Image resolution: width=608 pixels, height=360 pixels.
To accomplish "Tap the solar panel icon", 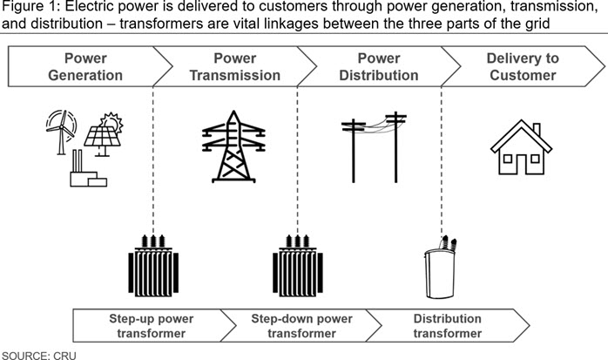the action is click(x=103, y=139).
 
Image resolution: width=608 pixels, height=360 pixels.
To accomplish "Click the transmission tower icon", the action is click(x=233, y=146).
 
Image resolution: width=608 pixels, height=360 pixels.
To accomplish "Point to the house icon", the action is click(x=521, y=147).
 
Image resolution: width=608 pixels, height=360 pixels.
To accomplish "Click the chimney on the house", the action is click(x=537, y=130).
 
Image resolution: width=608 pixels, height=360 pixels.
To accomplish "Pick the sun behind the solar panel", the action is click(x=112, y=121).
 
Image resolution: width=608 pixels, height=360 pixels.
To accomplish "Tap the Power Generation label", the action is click(x=85, y=66).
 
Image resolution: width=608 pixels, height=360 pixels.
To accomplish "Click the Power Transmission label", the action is click(x=235, y=66).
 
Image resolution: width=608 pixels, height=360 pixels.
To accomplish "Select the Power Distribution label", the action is click(x=379, y=66).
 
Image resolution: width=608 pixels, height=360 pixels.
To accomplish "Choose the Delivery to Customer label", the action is click(x=523, y=66).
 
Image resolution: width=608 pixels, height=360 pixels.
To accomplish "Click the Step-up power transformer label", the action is click(x=152, y=326).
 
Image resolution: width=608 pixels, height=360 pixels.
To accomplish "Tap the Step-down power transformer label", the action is click(x=301, y=326).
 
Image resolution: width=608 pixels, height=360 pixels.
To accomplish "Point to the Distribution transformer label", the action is click(x=448, y=326).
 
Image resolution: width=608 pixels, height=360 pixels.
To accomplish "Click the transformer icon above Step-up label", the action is click(x=153, y=266).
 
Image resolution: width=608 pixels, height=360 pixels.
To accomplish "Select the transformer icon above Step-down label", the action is click(x=298, y=266).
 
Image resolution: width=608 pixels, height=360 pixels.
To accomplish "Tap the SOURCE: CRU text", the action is click(x=39, y=356).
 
